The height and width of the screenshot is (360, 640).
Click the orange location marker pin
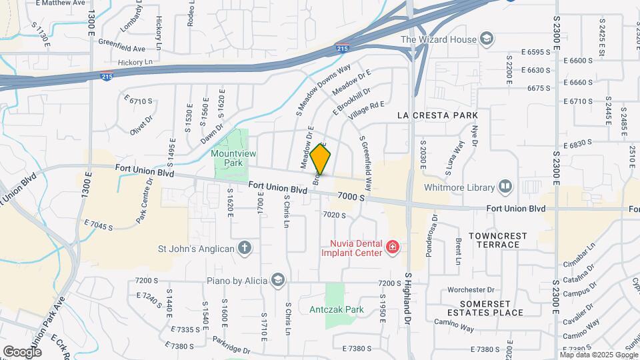click(x=321, y=159)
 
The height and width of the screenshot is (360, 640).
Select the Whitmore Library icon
click(x=505, y=185)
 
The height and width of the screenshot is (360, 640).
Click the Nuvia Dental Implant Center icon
click(x=393, y=249)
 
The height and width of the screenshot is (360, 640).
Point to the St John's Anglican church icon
click(x=245, y=249)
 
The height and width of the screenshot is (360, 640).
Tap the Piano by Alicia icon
click(x=277, y=280)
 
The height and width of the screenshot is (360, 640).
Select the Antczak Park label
click(x=336, y=309)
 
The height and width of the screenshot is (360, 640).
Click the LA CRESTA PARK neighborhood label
click(x=437, y=115)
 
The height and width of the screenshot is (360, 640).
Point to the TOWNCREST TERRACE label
click(x=497, y=240)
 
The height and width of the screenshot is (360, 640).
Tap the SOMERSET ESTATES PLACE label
click(x=488, y=307)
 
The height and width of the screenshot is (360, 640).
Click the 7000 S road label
click(x=351, y=197)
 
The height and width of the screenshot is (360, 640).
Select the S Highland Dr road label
click(x=407, y=299)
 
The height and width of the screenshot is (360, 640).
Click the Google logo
click(x=22, y=351)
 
